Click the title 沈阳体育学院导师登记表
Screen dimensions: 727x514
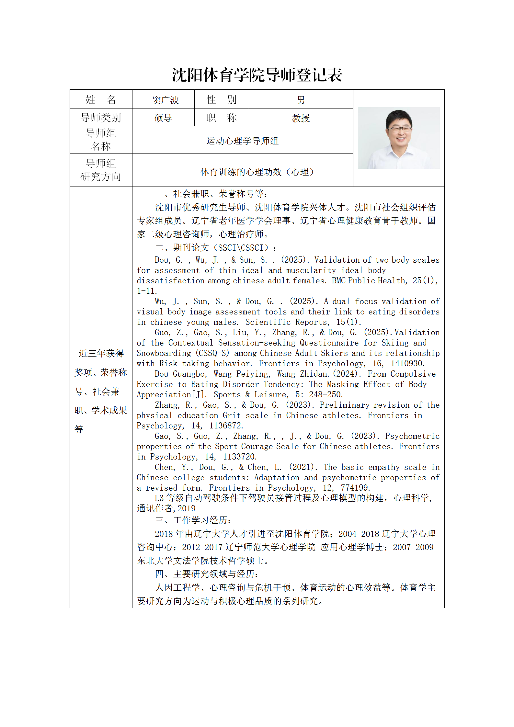[257, 75]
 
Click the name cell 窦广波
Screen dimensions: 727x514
[165, 100]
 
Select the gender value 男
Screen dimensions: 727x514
[301, 100]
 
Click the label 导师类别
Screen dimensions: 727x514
[101, 118]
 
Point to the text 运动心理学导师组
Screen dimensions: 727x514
[242, 141]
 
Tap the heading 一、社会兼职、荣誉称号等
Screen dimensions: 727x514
[211, 194]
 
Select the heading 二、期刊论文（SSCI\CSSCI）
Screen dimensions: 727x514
[215, 248]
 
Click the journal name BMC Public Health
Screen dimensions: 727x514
[369, 281]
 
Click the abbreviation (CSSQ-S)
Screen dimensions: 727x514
[212, 353]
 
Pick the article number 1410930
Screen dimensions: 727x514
[407, 364]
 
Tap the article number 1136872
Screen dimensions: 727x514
[226, 426]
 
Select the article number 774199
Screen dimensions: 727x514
[355, 488]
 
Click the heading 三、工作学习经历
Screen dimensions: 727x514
[193, 520]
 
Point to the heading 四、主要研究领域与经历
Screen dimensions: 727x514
[206, 574]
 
